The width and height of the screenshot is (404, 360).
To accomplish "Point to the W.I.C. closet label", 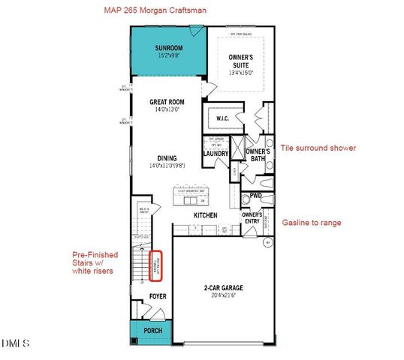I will pyautogui.click(x=223, y=118).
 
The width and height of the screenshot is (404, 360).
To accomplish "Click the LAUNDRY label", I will pyautogui.click(x=216, y=154).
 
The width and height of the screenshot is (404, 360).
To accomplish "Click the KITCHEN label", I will pyautogui.click(x=206, y=216).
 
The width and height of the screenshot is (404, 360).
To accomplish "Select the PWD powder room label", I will pyautogui.click(x=255, y=196).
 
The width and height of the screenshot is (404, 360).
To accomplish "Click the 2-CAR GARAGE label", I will pyautogui.click(x=223, y=288).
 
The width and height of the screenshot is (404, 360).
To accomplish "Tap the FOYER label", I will pyautogui.click(x=157, y=297).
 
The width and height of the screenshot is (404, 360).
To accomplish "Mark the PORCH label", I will pyautogui.click(x=152, y=330).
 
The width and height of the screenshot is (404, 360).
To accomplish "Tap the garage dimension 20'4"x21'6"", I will pyautogui.click(x=223, y=295).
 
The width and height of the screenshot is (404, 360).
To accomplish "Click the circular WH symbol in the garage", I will pyautogui.click(x=267, y=242).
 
